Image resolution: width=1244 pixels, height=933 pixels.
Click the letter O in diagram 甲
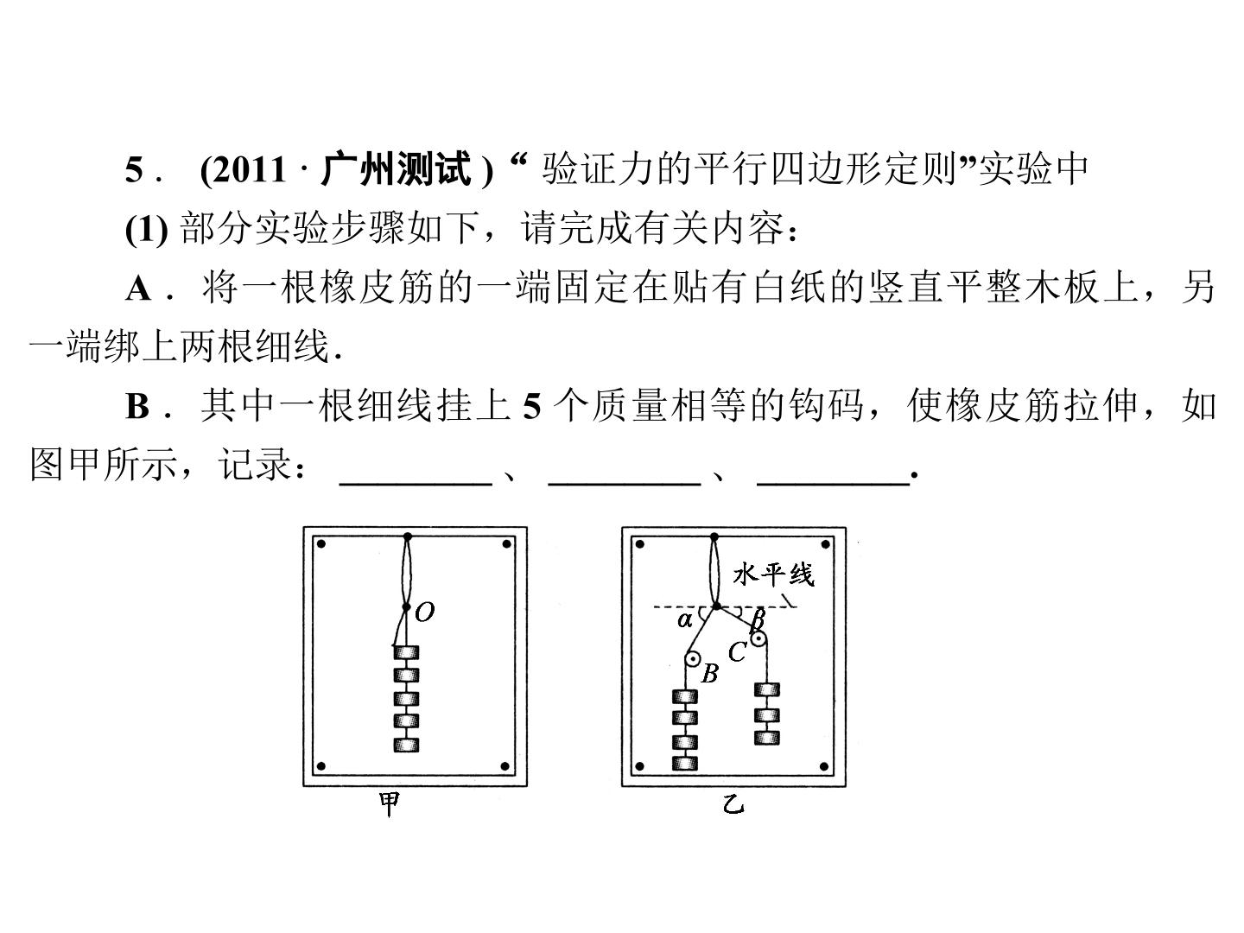[424, 612]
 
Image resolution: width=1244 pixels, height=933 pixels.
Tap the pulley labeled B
[691, 659]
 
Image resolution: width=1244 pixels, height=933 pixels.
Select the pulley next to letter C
[758, 639]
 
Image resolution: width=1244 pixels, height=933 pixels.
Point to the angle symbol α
[684, 621]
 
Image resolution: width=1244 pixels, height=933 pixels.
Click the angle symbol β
[757, 620]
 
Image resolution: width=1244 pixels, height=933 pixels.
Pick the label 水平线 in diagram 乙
[773, 575]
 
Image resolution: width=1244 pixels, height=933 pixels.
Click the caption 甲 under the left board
[390, 804]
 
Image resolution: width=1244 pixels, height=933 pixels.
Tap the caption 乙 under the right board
[733, 804]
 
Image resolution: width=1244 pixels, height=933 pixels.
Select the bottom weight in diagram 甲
[406, 745]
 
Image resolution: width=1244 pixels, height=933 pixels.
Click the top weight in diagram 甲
[406, 652]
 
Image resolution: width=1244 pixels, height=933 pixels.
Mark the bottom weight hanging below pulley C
[767, 738]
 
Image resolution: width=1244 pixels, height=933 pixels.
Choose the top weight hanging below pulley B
[684, 696]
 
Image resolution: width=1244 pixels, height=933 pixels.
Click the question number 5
[134, 169]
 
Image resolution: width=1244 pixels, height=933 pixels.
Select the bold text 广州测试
[396, 168]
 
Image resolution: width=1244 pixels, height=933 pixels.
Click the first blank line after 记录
[416, 485]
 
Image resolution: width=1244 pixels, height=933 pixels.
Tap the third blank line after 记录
[834, 485]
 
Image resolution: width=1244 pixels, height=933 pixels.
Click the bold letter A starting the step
[139, 289]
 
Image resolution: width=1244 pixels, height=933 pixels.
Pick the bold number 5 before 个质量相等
[532, 406]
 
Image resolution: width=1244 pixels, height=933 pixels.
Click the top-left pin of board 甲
[321, 544]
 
